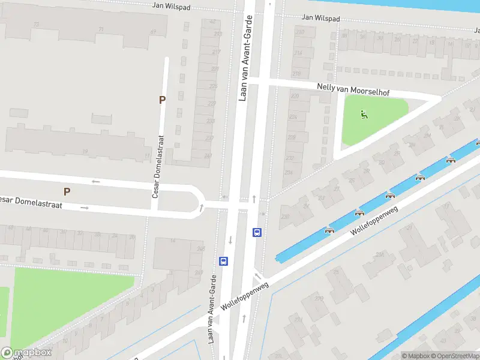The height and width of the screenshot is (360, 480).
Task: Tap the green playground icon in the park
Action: click(363, 113)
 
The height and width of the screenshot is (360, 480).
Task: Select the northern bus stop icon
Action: click(257, 233)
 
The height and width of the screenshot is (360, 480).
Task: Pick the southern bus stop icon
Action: click(223, 261)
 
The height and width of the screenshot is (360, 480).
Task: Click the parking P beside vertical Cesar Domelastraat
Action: click(161, 100)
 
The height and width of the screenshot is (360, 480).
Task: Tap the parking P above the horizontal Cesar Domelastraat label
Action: click(67, 191)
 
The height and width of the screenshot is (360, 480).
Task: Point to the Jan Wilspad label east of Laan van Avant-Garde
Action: click(320, 19)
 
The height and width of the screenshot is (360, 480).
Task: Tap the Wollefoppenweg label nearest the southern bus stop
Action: click(244, 297)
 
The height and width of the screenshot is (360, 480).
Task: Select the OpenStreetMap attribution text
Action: click(454, 356)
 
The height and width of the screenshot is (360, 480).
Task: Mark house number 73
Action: click(37, 25)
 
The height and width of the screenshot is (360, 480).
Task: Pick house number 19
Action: click(85, 151)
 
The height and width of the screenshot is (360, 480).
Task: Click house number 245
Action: click(200, 248)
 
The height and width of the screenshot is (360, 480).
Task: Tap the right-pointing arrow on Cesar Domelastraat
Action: click(85, 208)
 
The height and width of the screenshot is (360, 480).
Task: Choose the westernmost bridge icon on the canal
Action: click(329, 230)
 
